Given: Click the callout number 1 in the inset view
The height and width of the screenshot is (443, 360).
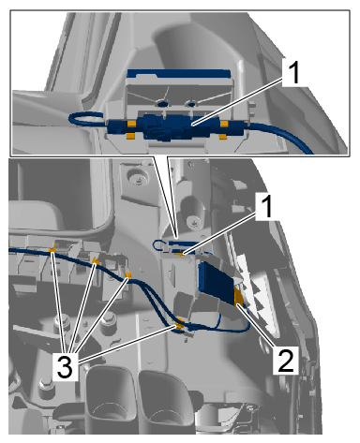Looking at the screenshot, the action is (x=292, y=72).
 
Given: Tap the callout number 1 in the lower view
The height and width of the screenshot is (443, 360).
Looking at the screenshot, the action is (x=266, y=206).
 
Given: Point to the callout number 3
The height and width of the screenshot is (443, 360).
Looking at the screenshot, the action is (x=65, y=366).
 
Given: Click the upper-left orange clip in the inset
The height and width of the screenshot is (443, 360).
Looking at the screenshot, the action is (x=131, y=125).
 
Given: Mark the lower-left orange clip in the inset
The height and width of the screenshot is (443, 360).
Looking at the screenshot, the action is (x=130, y=137).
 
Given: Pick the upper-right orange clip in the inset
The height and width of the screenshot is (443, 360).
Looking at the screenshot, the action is (x=224, y=125).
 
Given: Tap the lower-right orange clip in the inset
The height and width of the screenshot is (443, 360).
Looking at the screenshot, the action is (x=223, y=137).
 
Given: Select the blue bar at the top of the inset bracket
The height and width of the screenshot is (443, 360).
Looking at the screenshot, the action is (x=179, y=74).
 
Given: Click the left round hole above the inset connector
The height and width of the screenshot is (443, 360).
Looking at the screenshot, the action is (x=161, y=102).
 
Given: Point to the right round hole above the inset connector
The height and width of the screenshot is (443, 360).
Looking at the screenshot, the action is (x=190, y=103).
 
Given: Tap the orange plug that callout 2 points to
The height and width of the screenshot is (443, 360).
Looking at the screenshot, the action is (x=239, y=298).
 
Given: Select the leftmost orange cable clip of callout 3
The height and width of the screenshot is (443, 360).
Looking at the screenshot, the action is (x=52, y=250).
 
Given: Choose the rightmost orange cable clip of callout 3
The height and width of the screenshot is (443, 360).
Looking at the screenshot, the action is (x=179, y=326).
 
